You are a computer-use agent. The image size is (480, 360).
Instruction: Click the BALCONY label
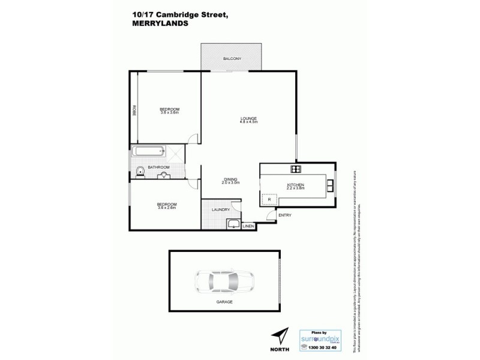click(232, 59)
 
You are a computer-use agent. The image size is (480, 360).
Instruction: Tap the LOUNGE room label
click(249, 119)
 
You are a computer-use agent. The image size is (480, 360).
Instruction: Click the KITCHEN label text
click(296, 184)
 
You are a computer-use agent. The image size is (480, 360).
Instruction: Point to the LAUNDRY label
click(221, 209)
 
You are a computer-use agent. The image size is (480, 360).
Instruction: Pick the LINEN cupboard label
click(248, 226)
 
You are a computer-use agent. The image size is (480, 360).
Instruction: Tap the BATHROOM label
click(159, 167)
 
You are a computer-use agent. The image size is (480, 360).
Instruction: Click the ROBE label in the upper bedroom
click(134, 111)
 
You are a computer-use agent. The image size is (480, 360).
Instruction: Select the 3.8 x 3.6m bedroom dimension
click(170, 113)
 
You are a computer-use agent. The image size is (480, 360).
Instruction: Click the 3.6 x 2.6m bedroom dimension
click(167, 208)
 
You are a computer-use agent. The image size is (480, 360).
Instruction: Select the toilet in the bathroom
click(140, 173)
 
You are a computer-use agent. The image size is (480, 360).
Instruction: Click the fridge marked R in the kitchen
click(269, 199)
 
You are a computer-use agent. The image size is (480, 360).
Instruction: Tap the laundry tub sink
click(233, 225)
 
